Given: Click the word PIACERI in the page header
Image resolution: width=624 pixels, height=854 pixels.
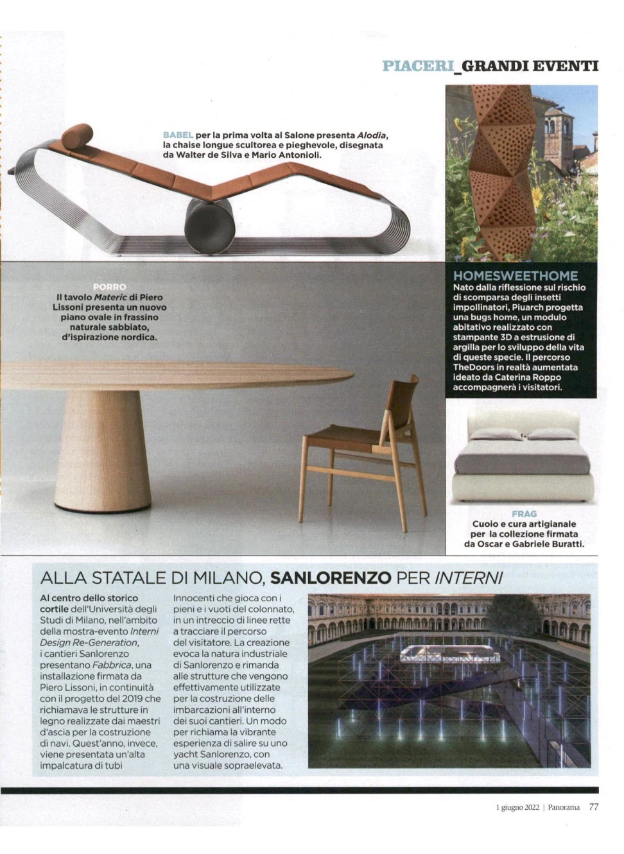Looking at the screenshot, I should coord(417,66).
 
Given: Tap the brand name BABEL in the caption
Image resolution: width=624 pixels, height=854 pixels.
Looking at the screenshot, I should coord(178,135).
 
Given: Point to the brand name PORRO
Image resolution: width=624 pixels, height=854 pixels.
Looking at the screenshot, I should coord(109,287).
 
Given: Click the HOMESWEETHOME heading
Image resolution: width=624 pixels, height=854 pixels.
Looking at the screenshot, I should coord(516,276).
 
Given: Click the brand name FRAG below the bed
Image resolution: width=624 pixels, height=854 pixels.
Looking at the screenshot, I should coord(524,514).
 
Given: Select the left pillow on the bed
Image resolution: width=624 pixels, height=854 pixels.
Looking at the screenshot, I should coord(496,434).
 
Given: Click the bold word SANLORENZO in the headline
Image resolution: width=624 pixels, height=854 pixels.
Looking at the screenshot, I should coord(331,577).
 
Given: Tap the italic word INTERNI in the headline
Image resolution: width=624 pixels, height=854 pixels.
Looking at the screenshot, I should coord(469,577).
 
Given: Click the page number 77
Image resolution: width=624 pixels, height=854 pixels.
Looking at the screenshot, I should coord(594,807).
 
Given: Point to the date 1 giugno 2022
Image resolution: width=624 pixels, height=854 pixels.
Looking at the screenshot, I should coord(517,807).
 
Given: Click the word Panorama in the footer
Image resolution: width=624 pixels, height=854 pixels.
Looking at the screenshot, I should coord(565,807).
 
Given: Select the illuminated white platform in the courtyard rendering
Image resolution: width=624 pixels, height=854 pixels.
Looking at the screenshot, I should coord(449,655).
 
